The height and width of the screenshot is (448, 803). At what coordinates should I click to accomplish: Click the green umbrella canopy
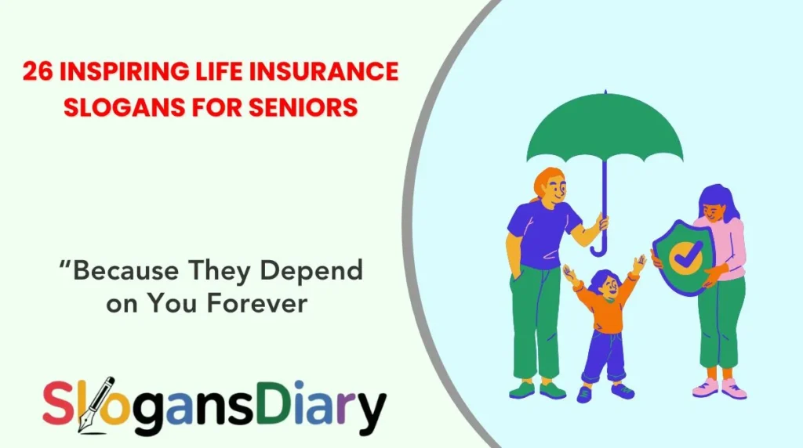tap(603, 132)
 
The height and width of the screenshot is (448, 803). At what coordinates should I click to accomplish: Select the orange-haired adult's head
tap(550, 186)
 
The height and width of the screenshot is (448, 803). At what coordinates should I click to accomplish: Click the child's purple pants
tap(603, 357)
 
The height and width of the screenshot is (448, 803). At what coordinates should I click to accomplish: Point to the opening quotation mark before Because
tap(64, 265)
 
